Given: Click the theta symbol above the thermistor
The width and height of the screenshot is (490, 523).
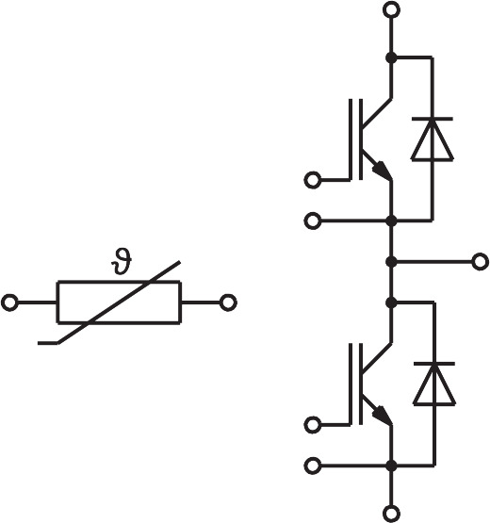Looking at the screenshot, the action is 121,261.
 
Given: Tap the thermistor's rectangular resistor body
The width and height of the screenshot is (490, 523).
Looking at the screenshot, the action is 119,282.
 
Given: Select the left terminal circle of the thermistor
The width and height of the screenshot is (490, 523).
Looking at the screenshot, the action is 9,302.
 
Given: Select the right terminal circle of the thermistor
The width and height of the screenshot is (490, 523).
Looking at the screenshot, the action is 228,302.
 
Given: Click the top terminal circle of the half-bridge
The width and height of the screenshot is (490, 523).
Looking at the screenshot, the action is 391,9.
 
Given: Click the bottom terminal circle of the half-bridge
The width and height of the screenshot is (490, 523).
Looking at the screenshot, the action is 391,514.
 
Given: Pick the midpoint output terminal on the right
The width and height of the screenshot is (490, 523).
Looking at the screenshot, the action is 481,262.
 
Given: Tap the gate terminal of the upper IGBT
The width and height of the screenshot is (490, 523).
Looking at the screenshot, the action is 313,180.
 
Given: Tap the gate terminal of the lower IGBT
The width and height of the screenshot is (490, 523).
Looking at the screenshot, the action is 313,425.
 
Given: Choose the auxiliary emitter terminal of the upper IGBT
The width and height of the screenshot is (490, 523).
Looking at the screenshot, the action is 313,221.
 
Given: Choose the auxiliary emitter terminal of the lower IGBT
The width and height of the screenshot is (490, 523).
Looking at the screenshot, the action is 313,466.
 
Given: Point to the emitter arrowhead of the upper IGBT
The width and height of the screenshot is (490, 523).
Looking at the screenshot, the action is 382,171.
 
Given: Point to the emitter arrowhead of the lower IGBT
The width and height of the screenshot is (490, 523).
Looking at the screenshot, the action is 382,416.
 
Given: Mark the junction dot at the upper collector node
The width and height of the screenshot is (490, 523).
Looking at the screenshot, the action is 391,57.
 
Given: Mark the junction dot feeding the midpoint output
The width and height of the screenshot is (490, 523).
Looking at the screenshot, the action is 391,262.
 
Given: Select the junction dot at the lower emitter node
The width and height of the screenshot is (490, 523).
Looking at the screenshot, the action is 391,466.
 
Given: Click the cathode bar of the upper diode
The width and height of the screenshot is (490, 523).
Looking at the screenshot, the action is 433,119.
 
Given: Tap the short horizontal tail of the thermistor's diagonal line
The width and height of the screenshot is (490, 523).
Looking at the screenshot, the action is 48,343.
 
